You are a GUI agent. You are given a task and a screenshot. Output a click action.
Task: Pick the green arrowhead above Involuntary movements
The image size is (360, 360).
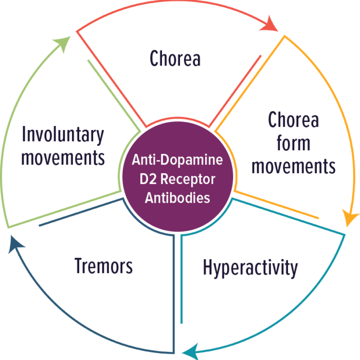click(63, 44)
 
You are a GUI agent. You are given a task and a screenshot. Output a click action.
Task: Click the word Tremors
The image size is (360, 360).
click(103, 266)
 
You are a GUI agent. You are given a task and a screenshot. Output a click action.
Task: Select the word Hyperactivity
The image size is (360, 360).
click(250, 268)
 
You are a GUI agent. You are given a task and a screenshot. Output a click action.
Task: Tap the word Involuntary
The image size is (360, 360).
click(63, 135)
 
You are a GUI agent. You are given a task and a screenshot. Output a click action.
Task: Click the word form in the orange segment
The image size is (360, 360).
click(293, 143)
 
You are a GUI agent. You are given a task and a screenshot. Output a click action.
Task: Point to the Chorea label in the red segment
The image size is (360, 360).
click(175, 58)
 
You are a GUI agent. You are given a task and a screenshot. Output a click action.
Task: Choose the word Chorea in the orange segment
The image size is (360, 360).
click(294, 119)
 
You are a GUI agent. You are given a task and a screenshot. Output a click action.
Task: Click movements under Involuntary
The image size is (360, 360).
click(63, 158)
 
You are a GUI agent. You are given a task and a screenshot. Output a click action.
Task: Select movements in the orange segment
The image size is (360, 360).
click(294, 166)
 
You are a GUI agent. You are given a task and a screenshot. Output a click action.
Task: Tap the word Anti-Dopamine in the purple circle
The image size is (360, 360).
click(177, 159)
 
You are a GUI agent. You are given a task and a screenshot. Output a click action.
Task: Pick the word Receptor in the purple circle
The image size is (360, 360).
click(188, 180)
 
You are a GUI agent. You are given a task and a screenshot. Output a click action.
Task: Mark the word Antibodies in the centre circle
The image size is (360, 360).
click(177, 197)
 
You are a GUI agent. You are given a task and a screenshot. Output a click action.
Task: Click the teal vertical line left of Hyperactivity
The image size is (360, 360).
click(182, 279)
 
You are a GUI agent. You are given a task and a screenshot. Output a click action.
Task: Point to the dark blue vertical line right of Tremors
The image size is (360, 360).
click(174, 294)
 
